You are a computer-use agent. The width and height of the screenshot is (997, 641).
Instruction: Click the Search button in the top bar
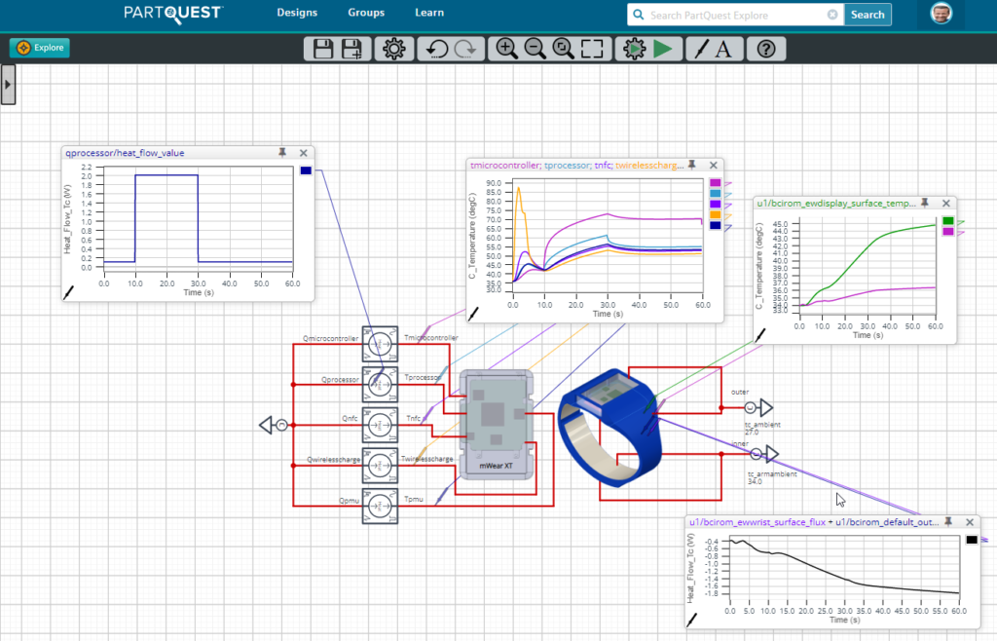867,15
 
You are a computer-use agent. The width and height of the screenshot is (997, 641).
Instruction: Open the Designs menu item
297,14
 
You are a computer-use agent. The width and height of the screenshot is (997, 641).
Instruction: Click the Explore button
40,48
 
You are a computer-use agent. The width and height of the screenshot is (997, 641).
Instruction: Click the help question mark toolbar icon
765,49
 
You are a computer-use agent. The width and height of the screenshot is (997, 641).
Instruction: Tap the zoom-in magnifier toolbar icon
505,49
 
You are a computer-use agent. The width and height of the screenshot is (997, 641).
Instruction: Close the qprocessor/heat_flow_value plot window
303,153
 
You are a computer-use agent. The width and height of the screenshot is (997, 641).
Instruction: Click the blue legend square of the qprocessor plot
306,171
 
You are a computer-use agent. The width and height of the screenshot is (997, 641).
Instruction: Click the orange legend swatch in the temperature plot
716,214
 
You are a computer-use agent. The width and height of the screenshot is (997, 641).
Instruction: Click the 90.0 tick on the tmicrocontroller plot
494,183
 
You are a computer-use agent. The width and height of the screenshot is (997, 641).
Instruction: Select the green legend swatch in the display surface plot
948,221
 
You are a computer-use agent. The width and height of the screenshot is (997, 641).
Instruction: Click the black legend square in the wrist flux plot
971,539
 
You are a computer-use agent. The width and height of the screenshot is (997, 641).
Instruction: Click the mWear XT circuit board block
496,419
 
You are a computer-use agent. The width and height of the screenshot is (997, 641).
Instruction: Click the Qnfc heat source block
380,426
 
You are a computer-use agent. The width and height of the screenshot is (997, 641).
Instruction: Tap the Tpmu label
413,499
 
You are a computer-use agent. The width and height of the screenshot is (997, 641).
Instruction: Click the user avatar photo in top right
941,14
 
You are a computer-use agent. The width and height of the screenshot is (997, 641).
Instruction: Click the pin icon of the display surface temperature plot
924,203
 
